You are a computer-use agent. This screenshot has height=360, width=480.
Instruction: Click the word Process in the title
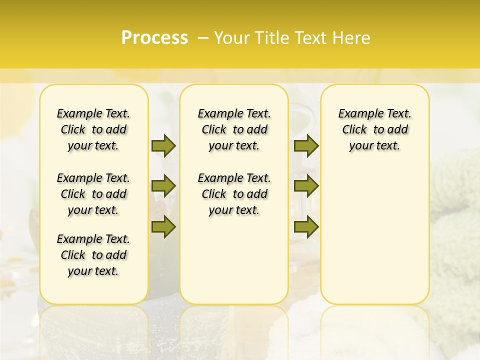pyautogui.click(x=154, y=38)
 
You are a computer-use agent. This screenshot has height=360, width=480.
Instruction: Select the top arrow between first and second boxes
pyautogui.click(x=163, y=146)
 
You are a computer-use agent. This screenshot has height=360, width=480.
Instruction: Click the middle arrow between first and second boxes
pyautogui.click(x=163, y=186)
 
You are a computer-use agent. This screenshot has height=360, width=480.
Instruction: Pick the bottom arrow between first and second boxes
pyautogui.click(x=163, y=227)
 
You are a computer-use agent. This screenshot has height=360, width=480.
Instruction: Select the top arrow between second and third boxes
pyautogui.click(x=306, y=146)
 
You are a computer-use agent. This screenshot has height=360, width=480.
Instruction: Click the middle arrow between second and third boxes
pyautogui.click(x=306, y=186)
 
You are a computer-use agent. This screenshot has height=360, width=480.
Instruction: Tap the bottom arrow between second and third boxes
pyautogui.click(x=306, y=227)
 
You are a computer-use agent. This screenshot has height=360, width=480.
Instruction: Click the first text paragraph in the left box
pyautogui.click(x=93, y=129)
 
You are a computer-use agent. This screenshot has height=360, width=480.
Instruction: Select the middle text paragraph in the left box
pyautogui.click(x=93, y=194)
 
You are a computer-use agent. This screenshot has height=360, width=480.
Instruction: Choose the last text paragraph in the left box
pyautogui.click(x=93, y=255)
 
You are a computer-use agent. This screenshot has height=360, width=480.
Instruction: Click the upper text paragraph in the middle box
pyautogui.click(x=234, y=129)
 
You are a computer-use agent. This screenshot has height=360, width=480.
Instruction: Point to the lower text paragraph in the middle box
pyautogui.click(x=234, y=194)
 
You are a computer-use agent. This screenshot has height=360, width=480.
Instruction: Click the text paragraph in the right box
pyautogui.click(x=374, y=129)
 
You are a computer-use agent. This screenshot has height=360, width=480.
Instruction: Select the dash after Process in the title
pyautogui.click(x=203, y=38)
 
